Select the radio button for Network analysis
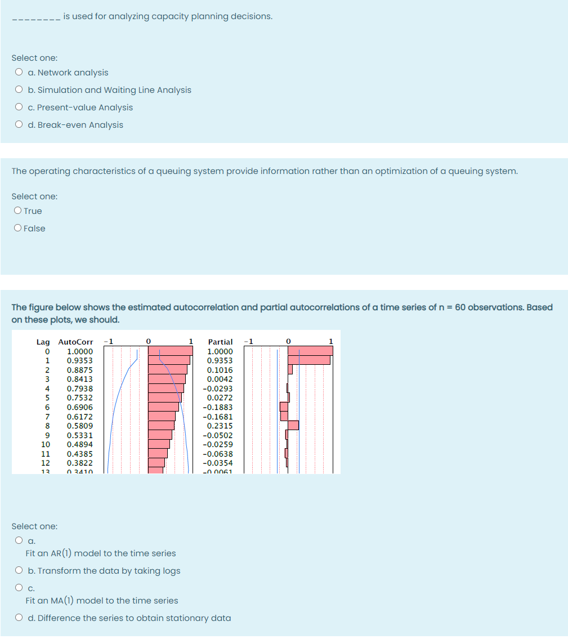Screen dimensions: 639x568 (19, 73)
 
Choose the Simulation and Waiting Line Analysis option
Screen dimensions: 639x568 (19, 90)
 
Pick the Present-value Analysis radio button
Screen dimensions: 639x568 (19, 108)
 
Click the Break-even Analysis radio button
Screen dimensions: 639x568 (19, 125)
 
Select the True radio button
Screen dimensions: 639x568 (18, 211)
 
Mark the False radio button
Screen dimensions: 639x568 (18, 229)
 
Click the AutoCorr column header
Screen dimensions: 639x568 (75, 342)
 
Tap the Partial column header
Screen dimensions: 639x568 (220, 342)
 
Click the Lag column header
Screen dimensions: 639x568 (43, 342)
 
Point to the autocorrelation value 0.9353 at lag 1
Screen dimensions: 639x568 (80, 360)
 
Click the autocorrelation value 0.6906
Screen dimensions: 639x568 (80, 407)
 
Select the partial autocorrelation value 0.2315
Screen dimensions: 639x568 (220, 426)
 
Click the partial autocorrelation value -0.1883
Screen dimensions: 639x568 (218, 407)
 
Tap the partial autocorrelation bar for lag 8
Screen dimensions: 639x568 (293, 426)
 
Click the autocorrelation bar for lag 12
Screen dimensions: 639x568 (156, 463)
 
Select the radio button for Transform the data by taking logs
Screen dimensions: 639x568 (19, 571)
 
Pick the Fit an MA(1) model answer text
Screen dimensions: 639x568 (102, 601)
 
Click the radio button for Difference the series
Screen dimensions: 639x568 (19, 618)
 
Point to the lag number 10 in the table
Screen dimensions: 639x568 (47, 444)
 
